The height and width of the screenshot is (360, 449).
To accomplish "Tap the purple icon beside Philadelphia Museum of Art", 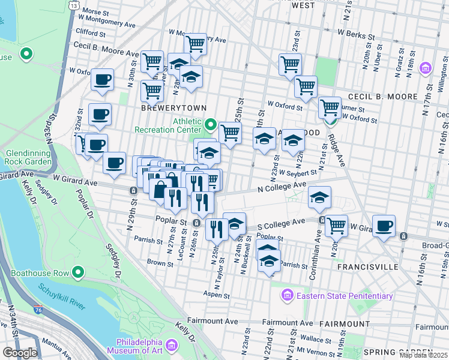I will click(172, 345).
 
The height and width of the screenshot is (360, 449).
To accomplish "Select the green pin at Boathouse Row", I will click(77, 274).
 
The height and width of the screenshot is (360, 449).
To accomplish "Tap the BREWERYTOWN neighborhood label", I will click(173, 108).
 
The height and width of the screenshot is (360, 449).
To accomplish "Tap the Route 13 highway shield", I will click(73, 5).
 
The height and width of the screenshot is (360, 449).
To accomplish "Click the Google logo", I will click(20, 353).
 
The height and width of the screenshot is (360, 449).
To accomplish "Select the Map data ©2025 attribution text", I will click(423, 355).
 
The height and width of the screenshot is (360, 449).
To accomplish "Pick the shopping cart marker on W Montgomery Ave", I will click(195, 43).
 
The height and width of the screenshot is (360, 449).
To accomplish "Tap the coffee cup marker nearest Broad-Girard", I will click(384, 226).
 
